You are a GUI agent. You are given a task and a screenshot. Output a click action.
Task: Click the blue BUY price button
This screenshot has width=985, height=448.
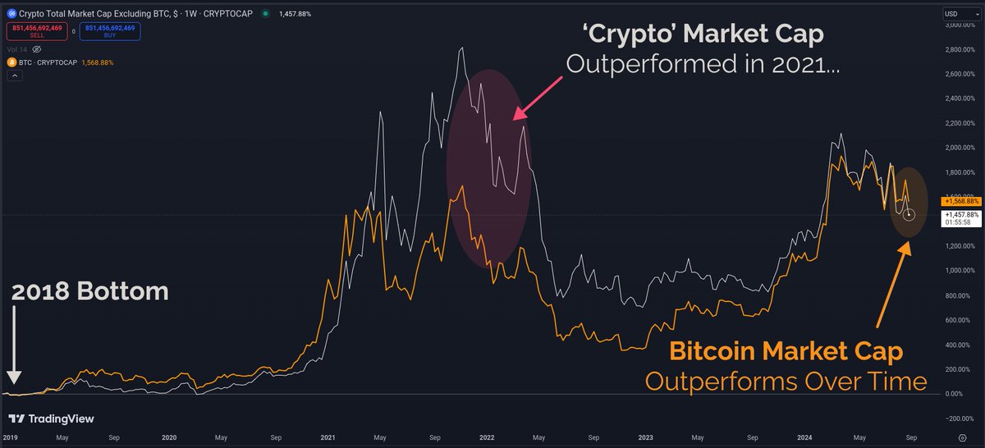[110, 31]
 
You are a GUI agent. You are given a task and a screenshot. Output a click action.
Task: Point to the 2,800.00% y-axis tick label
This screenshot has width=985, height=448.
[958, 50]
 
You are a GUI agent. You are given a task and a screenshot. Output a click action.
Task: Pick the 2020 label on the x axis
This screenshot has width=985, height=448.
[170, 439]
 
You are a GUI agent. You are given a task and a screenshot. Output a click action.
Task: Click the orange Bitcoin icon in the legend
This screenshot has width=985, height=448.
[11, 62]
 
